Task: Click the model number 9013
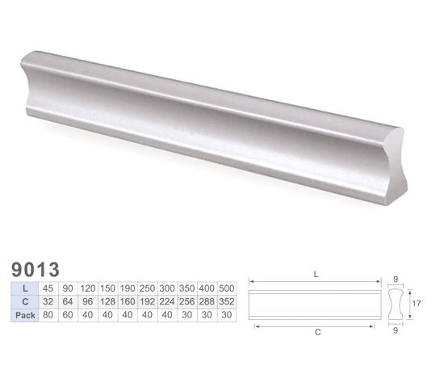point(36,269)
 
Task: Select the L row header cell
point(25,288)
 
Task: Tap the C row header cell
point(25,301)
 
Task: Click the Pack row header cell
point(25,315)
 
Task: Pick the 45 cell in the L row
point(48,288)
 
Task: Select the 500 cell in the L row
point(227,288)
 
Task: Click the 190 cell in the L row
point(128,288)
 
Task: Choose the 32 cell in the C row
point(48,301)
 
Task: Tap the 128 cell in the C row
point(108,301)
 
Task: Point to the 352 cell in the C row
point(227,301)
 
